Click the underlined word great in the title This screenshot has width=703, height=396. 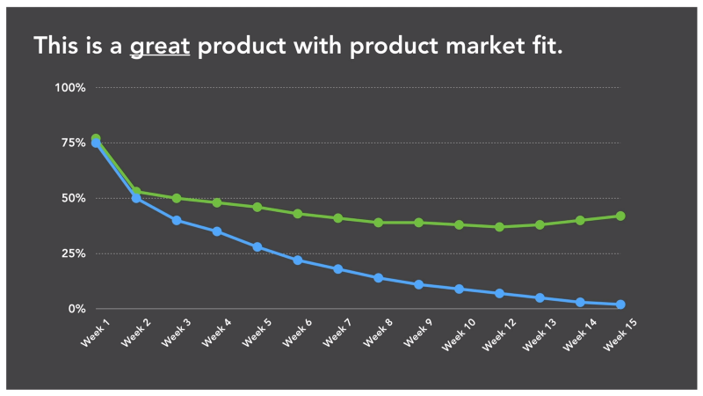point(160,46)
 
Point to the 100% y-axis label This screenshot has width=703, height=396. point(70,88)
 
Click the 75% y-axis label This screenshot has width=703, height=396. point(73,143)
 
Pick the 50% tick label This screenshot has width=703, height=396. point(73,199)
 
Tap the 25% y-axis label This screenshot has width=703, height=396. point(73,254)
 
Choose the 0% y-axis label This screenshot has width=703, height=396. point(76,309)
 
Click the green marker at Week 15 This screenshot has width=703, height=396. point(620,216)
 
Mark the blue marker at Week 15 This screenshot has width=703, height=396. point(620,304)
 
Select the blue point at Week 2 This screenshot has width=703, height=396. point(136,198)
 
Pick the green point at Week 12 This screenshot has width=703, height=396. point(499,227)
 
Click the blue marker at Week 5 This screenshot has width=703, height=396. point(257,246)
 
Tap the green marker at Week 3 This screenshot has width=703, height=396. point(177,198)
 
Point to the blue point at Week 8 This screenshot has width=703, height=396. point(379,278)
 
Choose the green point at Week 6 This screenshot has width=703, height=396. point(298,214)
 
